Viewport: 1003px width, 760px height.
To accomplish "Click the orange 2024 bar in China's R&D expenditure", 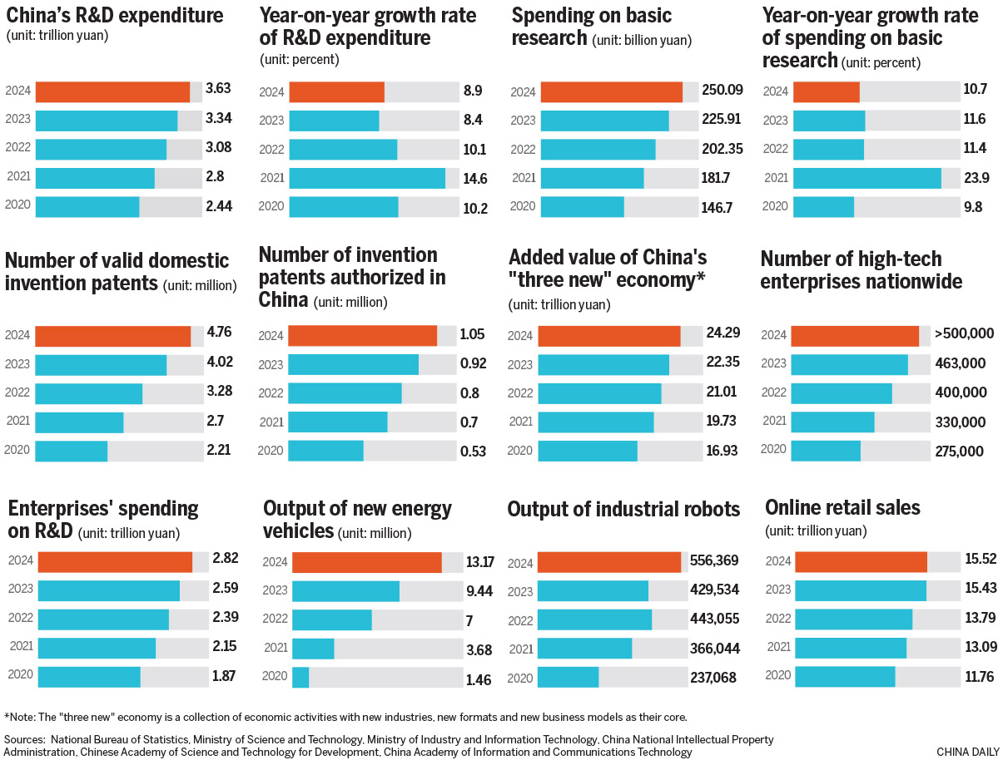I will tap(112, 91).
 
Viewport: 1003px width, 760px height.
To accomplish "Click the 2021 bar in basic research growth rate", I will tap(866, 178).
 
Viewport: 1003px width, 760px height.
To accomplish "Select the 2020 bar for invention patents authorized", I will tap(325, 451).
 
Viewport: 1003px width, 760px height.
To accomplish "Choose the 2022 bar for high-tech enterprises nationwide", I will tap(841, 392).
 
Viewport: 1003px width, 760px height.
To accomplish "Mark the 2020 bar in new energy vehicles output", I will tap(300, 678).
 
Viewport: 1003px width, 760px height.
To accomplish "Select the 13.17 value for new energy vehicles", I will tap(479, 562).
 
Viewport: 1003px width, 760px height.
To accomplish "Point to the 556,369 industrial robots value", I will tap(715, 561).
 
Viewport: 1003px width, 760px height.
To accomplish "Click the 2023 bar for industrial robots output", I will tap(593, 590).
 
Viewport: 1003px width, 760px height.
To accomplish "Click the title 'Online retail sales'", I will tap(843, 507).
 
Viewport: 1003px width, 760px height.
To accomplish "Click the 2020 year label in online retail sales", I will tap(777, 676).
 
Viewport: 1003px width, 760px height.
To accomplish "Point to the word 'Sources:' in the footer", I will tap(25, 738).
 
